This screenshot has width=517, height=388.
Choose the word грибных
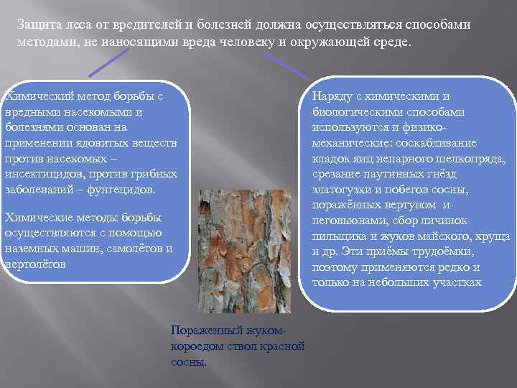click(153, 174)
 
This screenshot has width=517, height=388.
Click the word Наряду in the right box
click(332, 96)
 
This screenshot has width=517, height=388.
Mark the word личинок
click(446, 221)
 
